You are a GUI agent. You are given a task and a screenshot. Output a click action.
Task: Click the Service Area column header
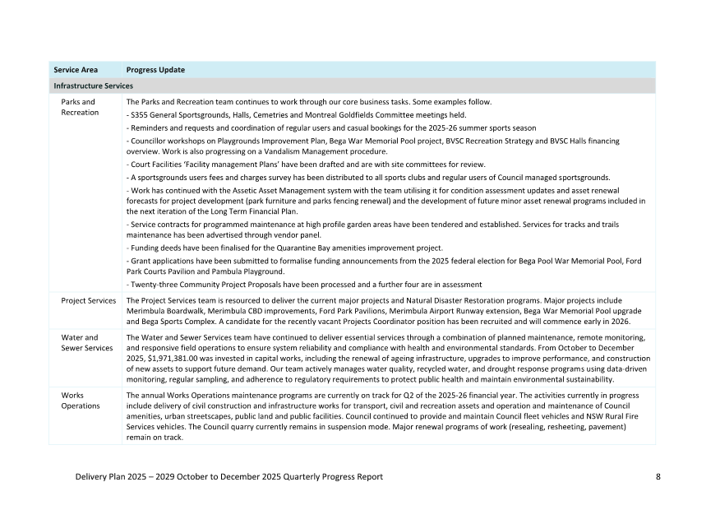coord(76,70)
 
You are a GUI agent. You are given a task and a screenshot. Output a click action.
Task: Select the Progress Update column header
coord(155,70)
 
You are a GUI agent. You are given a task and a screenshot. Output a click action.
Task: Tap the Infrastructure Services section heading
coord(93,86)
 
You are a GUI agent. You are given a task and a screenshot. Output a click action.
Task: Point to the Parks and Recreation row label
coord(78,107)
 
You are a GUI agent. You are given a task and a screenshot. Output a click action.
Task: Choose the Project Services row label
coord(89,301)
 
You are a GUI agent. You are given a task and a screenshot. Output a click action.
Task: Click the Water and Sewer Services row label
coord(86,342)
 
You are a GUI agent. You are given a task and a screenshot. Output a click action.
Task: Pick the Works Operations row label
coord(81,401)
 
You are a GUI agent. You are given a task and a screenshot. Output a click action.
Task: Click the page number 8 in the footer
coord(658,477)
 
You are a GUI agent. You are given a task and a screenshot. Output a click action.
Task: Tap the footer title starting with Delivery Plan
coord(228,477)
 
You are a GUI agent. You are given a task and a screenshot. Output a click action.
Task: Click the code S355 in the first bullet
coord(139,115)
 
